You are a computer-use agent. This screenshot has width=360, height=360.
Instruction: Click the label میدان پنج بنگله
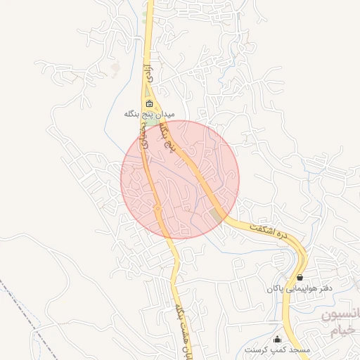pos(148,114)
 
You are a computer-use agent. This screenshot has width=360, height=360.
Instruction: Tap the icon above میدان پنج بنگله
pos(148,103)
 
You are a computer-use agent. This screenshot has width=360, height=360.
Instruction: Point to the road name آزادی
pos(147,72)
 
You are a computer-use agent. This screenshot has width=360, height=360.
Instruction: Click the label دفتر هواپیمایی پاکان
pos(300,288)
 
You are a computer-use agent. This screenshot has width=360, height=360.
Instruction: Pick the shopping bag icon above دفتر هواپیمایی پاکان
pos(300,278)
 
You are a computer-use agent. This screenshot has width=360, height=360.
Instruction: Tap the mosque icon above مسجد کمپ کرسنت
pos(276,339)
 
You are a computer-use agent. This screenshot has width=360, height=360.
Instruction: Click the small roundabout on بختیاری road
pos(157,208)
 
